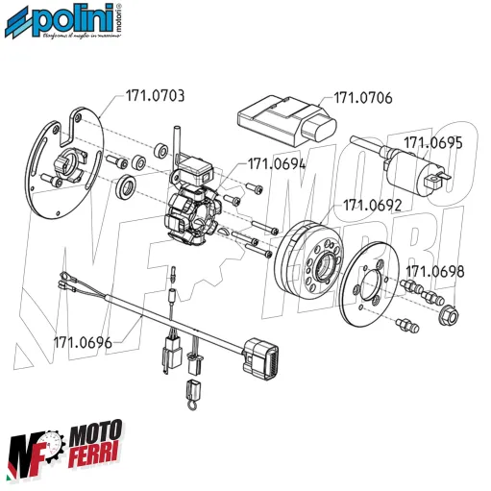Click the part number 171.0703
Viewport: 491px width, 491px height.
(x=155, y=97)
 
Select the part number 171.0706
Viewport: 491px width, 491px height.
(x=363, y=97)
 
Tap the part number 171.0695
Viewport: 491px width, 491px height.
(x=433, y=142)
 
